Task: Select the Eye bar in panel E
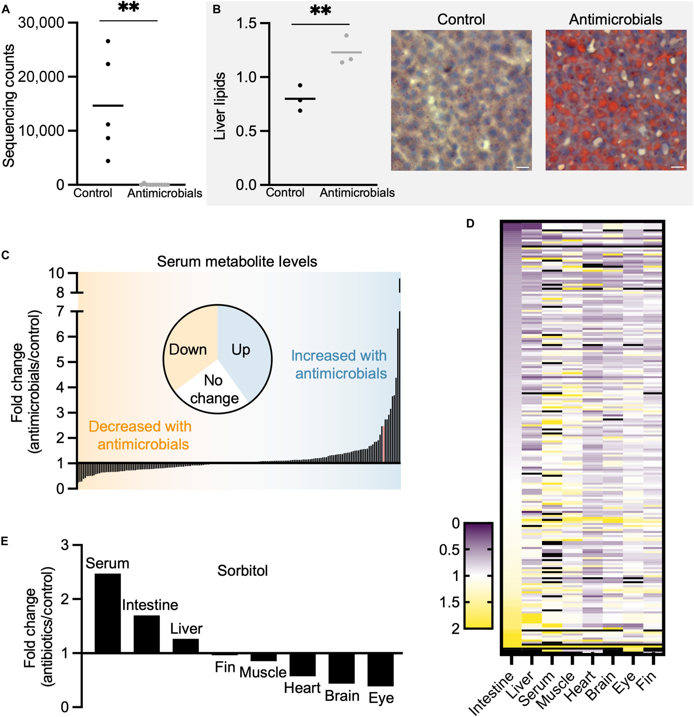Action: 380,669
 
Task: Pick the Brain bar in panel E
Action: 341,668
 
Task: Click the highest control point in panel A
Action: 108,41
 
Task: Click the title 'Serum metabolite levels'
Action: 237,262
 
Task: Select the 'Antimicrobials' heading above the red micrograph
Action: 615,19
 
